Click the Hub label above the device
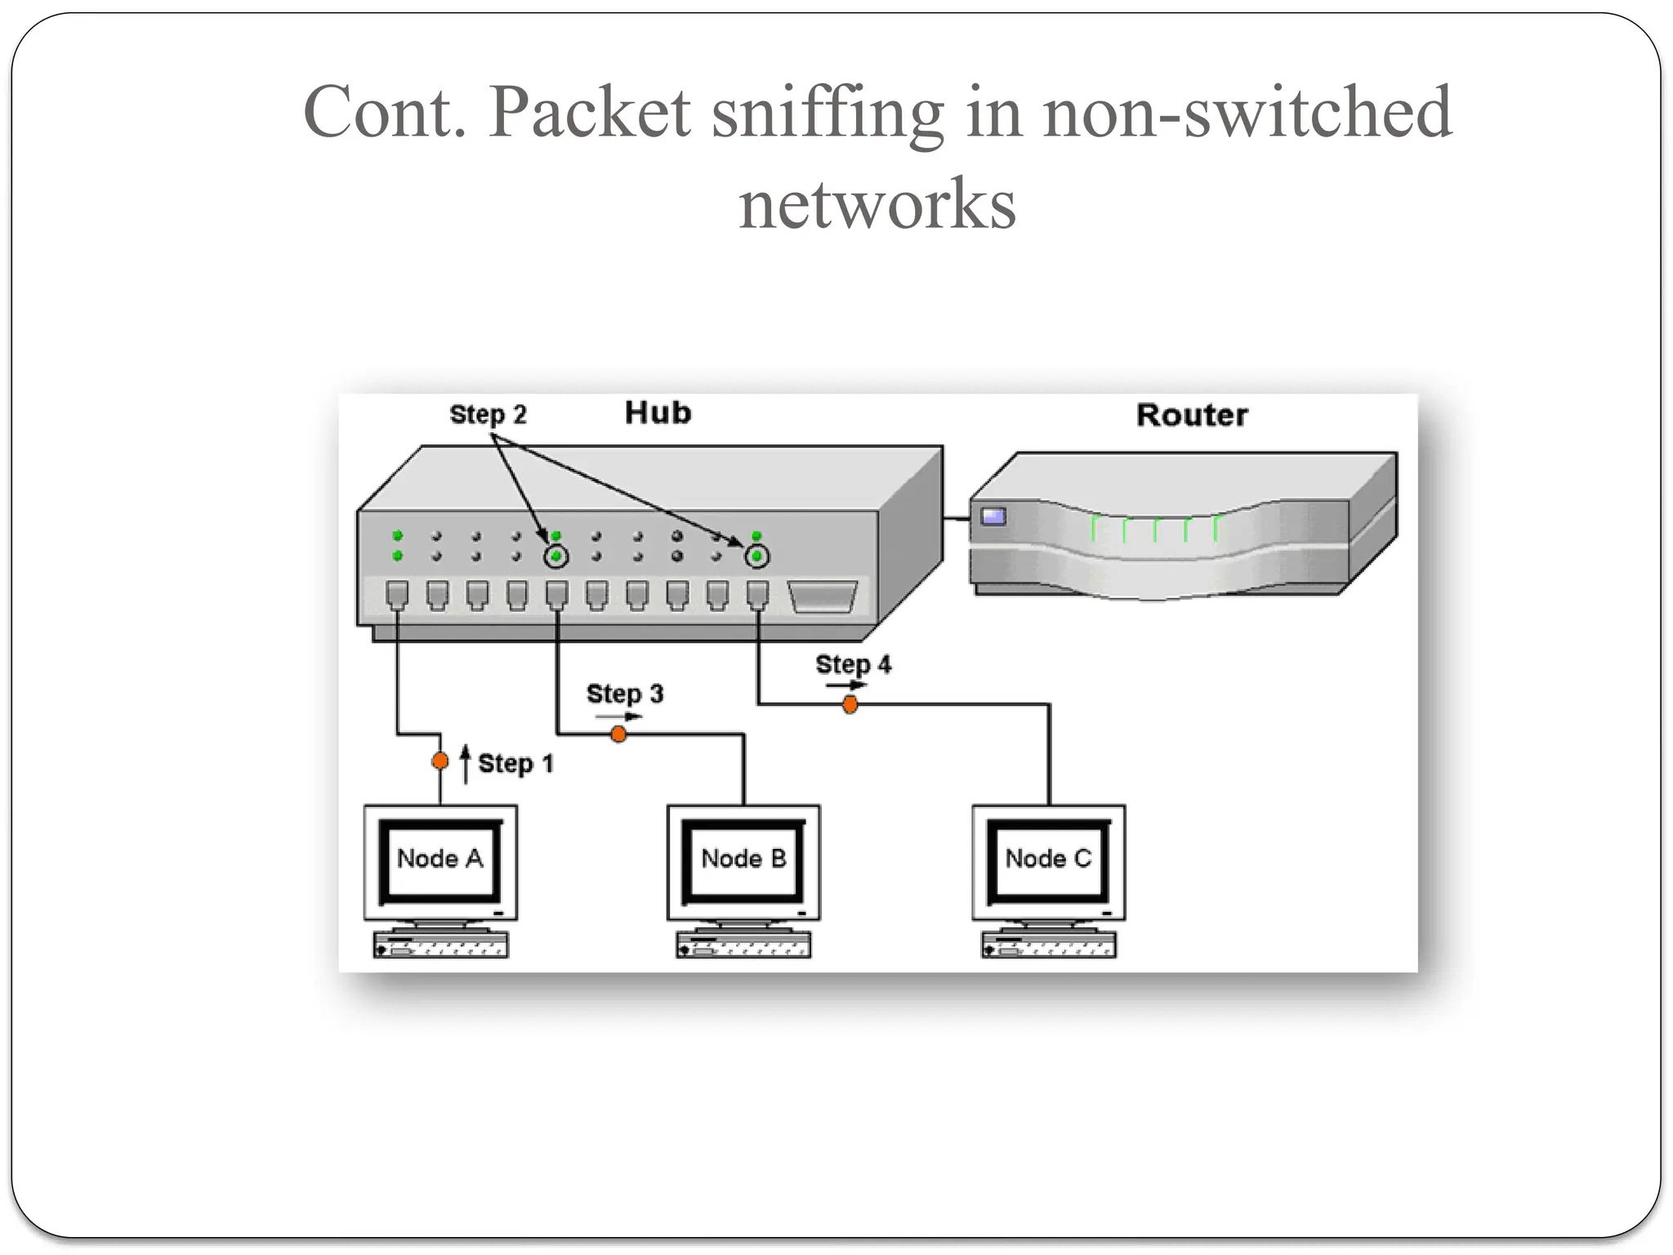point(658,413)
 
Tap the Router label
point(1192,415)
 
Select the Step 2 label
point(488,414)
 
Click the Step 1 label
point(515,764)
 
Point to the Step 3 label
point(625,694)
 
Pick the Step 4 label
point(853,664)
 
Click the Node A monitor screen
point(440,859)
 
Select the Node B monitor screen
point(743,859)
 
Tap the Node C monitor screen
point(1048,859)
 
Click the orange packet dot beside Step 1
point(440,761)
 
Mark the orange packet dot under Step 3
point(618,735)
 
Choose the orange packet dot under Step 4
point(850,704)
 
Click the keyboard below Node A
point(441,945)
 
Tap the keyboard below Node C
point(1049,945)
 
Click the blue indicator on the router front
point(993,516)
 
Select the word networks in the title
point(877,203)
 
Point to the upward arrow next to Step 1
point(466,763)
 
